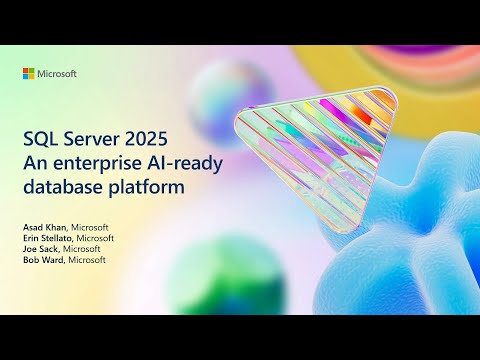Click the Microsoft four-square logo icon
coord(30,74)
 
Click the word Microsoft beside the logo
coord(58,74)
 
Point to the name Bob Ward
coord(42,261)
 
